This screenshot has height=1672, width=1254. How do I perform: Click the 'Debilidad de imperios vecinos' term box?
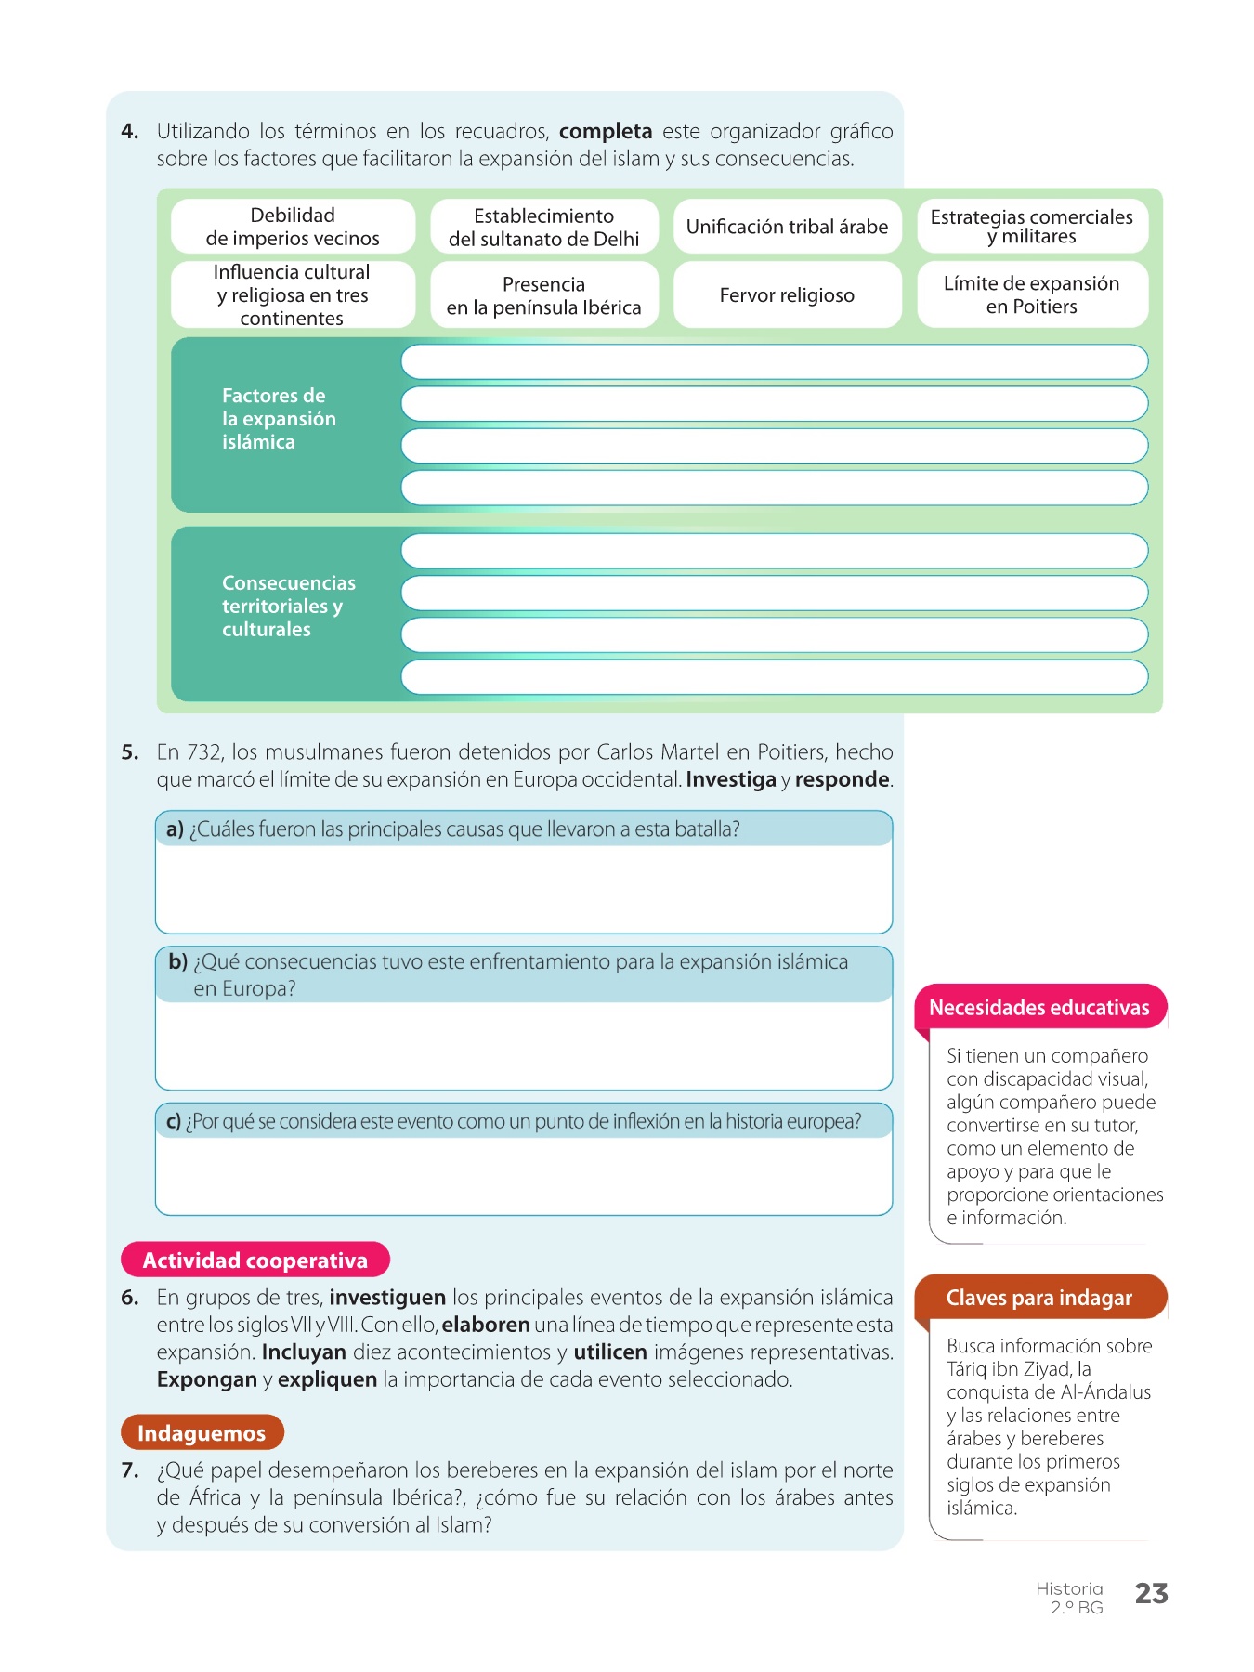pyautogui.click(x=293, y=227)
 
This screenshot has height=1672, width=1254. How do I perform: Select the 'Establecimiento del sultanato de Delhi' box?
pyautogui.click(x=544, y=227)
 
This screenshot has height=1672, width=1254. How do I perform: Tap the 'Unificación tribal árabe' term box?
pyautogui.click(x=787, y=227)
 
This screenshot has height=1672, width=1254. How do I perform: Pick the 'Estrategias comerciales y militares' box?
pyautogui.click(x=1032, y=227)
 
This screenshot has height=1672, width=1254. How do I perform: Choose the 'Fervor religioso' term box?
pyautogui.click(x=787, y=295)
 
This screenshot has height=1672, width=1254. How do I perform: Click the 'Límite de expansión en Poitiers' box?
pyautogui.click(x=1032, y=295)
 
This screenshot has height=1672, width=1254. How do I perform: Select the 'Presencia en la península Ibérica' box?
pyautogui.click(x=544, y=295)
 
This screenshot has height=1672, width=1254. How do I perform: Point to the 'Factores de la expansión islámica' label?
pyautogui.click(x=279, y=419)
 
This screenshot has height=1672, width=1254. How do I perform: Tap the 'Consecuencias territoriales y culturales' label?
pyautogui.click(x=288, y=607)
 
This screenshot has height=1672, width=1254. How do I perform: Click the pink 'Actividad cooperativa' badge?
pyautogui.click(x=255, y=1261)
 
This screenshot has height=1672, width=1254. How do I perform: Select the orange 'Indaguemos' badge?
pyautogui.click(x=202, y=1433)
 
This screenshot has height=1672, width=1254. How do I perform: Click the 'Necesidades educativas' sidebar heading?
pyautogui.click(x=1039, y=1008)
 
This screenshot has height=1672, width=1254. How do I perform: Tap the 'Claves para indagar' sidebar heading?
pyautogui.click(x=1039, y=1298)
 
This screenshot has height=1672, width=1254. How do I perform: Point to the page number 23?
pyautogui.click(x=1151, y=1594)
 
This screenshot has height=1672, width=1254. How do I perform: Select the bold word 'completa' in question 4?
pyautogui.click(x=606, y=131)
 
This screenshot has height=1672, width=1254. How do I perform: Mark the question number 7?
pyautogui.click(x=130, y=1470)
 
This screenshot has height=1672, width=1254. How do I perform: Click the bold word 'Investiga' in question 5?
pyautogui.click(x=730, y=780)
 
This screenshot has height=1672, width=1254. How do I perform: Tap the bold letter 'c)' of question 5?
pyautogui.click(x=174, y=1122)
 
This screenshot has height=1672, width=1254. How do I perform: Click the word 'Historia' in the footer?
pyautogui.click(x=1069, y=1588)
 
